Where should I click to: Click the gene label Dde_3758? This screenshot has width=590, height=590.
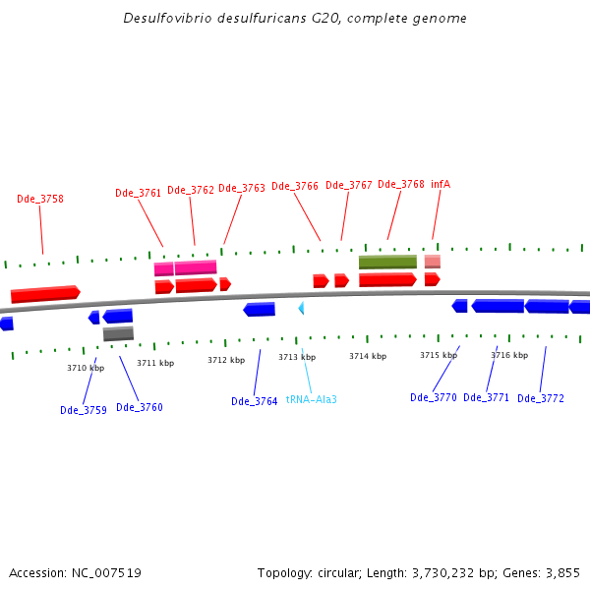pos(40,199)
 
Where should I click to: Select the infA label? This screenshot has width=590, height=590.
pos(441,184)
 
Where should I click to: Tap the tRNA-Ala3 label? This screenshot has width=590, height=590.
pos(312,399)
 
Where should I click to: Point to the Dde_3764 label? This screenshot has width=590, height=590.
pos(255,401)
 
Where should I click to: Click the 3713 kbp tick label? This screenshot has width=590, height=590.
pos(296,357)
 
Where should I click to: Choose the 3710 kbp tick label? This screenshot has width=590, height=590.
pos(86,368)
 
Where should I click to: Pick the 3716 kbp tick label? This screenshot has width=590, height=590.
pos(509,355)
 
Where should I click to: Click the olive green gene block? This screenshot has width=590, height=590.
pos(387,262)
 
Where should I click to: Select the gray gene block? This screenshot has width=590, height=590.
pos(118,333)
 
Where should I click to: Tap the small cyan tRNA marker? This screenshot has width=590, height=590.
pos(301,308)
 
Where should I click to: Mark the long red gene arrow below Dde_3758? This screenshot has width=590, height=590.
pos(45,294)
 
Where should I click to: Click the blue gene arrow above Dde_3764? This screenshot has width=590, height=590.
pos(260,309)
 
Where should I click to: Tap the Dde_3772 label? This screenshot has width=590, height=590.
pos(541,398)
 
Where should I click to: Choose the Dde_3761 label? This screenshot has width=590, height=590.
pos(138,193)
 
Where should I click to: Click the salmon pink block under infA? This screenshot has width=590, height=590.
pos(433,262)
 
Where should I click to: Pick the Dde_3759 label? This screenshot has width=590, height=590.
pos(84,410)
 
